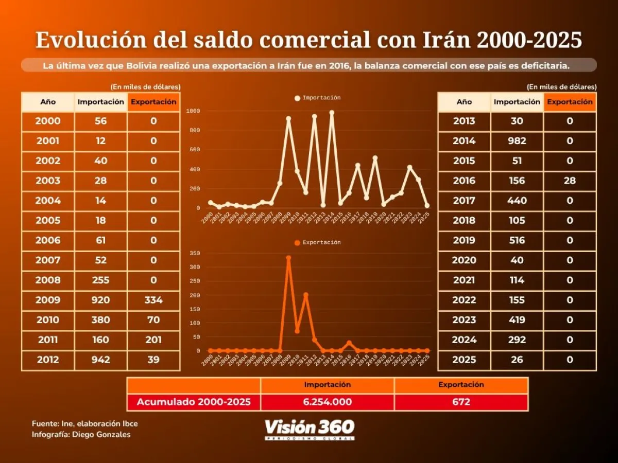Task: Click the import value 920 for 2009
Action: point(101,300)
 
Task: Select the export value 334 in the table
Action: point(153,300)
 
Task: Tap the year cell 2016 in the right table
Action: point(464,181)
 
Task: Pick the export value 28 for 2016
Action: point(570,181)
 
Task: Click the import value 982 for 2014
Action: point(517,141)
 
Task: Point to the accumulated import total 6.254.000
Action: point(328,402)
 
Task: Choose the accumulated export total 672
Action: point(461,402)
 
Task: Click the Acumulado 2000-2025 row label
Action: point(194,402)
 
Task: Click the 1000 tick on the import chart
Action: point(194,111)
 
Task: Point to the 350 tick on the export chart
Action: point(195,254)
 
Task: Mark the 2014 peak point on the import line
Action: point(332,113)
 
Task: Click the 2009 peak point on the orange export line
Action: point(288,258)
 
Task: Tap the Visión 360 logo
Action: point(310,428)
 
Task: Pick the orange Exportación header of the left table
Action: point(153,102)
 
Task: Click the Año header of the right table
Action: point(464,102)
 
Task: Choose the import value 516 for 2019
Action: point(517,240)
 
